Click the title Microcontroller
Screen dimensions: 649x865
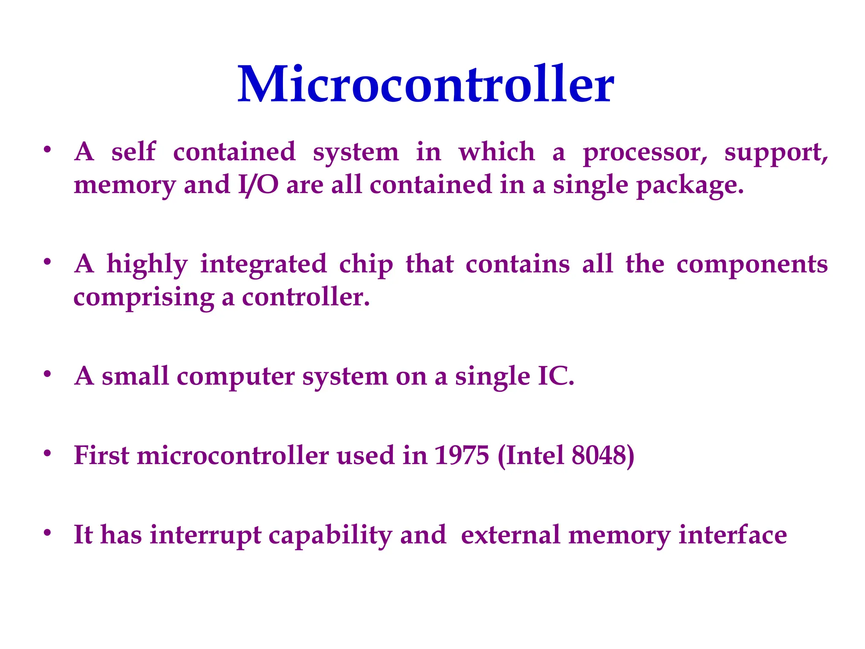tap(426, 85)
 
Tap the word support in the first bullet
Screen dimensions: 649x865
tap(776, 153)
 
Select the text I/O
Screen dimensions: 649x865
tap(258, 185)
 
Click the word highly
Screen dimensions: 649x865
tap(147, 265)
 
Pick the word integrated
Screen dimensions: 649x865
tap(264, 265)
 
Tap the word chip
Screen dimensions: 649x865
tap(366, 265)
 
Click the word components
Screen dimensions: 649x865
tap(752, 265)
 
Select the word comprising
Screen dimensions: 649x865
tap(144, 298)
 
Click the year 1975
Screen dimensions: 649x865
tap(462, 455)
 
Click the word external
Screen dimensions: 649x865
tap(510, 535)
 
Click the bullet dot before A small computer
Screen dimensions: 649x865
tap(47, 374)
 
